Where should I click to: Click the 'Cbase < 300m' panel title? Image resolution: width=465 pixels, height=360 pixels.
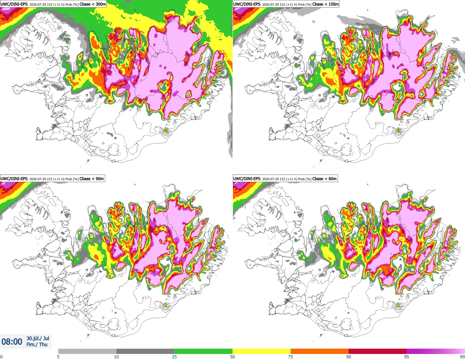coord(93,4)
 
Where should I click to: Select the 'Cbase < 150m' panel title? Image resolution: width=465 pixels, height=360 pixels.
coord(325,4)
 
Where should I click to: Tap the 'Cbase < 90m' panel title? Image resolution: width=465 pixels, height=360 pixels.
coord(92,179)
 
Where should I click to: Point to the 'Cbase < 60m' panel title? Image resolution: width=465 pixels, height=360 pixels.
coord(324,179)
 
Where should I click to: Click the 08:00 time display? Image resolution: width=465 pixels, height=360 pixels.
coord(12,342)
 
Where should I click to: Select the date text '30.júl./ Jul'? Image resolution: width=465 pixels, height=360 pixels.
coord(38,338)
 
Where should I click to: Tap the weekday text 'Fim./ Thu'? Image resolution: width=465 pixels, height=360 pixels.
coord(37,344)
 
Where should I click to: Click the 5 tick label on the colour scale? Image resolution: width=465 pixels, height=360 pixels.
coord(58,357)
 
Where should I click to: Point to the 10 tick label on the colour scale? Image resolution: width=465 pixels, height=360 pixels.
coord(116,357)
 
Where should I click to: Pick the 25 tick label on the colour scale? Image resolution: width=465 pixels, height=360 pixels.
coord(174,357)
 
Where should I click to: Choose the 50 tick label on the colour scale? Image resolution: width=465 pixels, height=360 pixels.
coord(232,357)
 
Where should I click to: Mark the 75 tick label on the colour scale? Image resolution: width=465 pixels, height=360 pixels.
coord(291,357)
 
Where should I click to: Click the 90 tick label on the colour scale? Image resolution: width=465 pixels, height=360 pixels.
coord(349,357)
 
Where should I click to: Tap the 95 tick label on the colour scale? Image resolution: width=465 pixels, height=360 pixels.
coord(407,357)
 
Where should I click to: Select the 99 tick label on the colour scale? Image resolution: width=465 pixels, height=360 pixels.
coord(462,357)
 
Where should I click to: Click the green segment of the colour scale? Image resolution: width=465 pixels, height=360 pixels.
coord(203,351)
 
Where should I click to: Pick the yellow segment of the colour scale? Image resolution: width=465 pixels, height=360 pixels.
coord(262,351)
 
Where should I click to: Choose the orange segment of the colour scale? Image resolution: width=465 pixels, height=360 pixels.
coord(320,351)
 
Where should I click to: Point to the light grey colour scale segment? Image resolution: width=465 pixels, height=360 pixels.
coord(87,351)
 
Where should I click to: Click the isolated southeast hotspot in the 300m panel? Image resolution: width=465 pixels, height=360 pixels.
coord(166,130)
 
